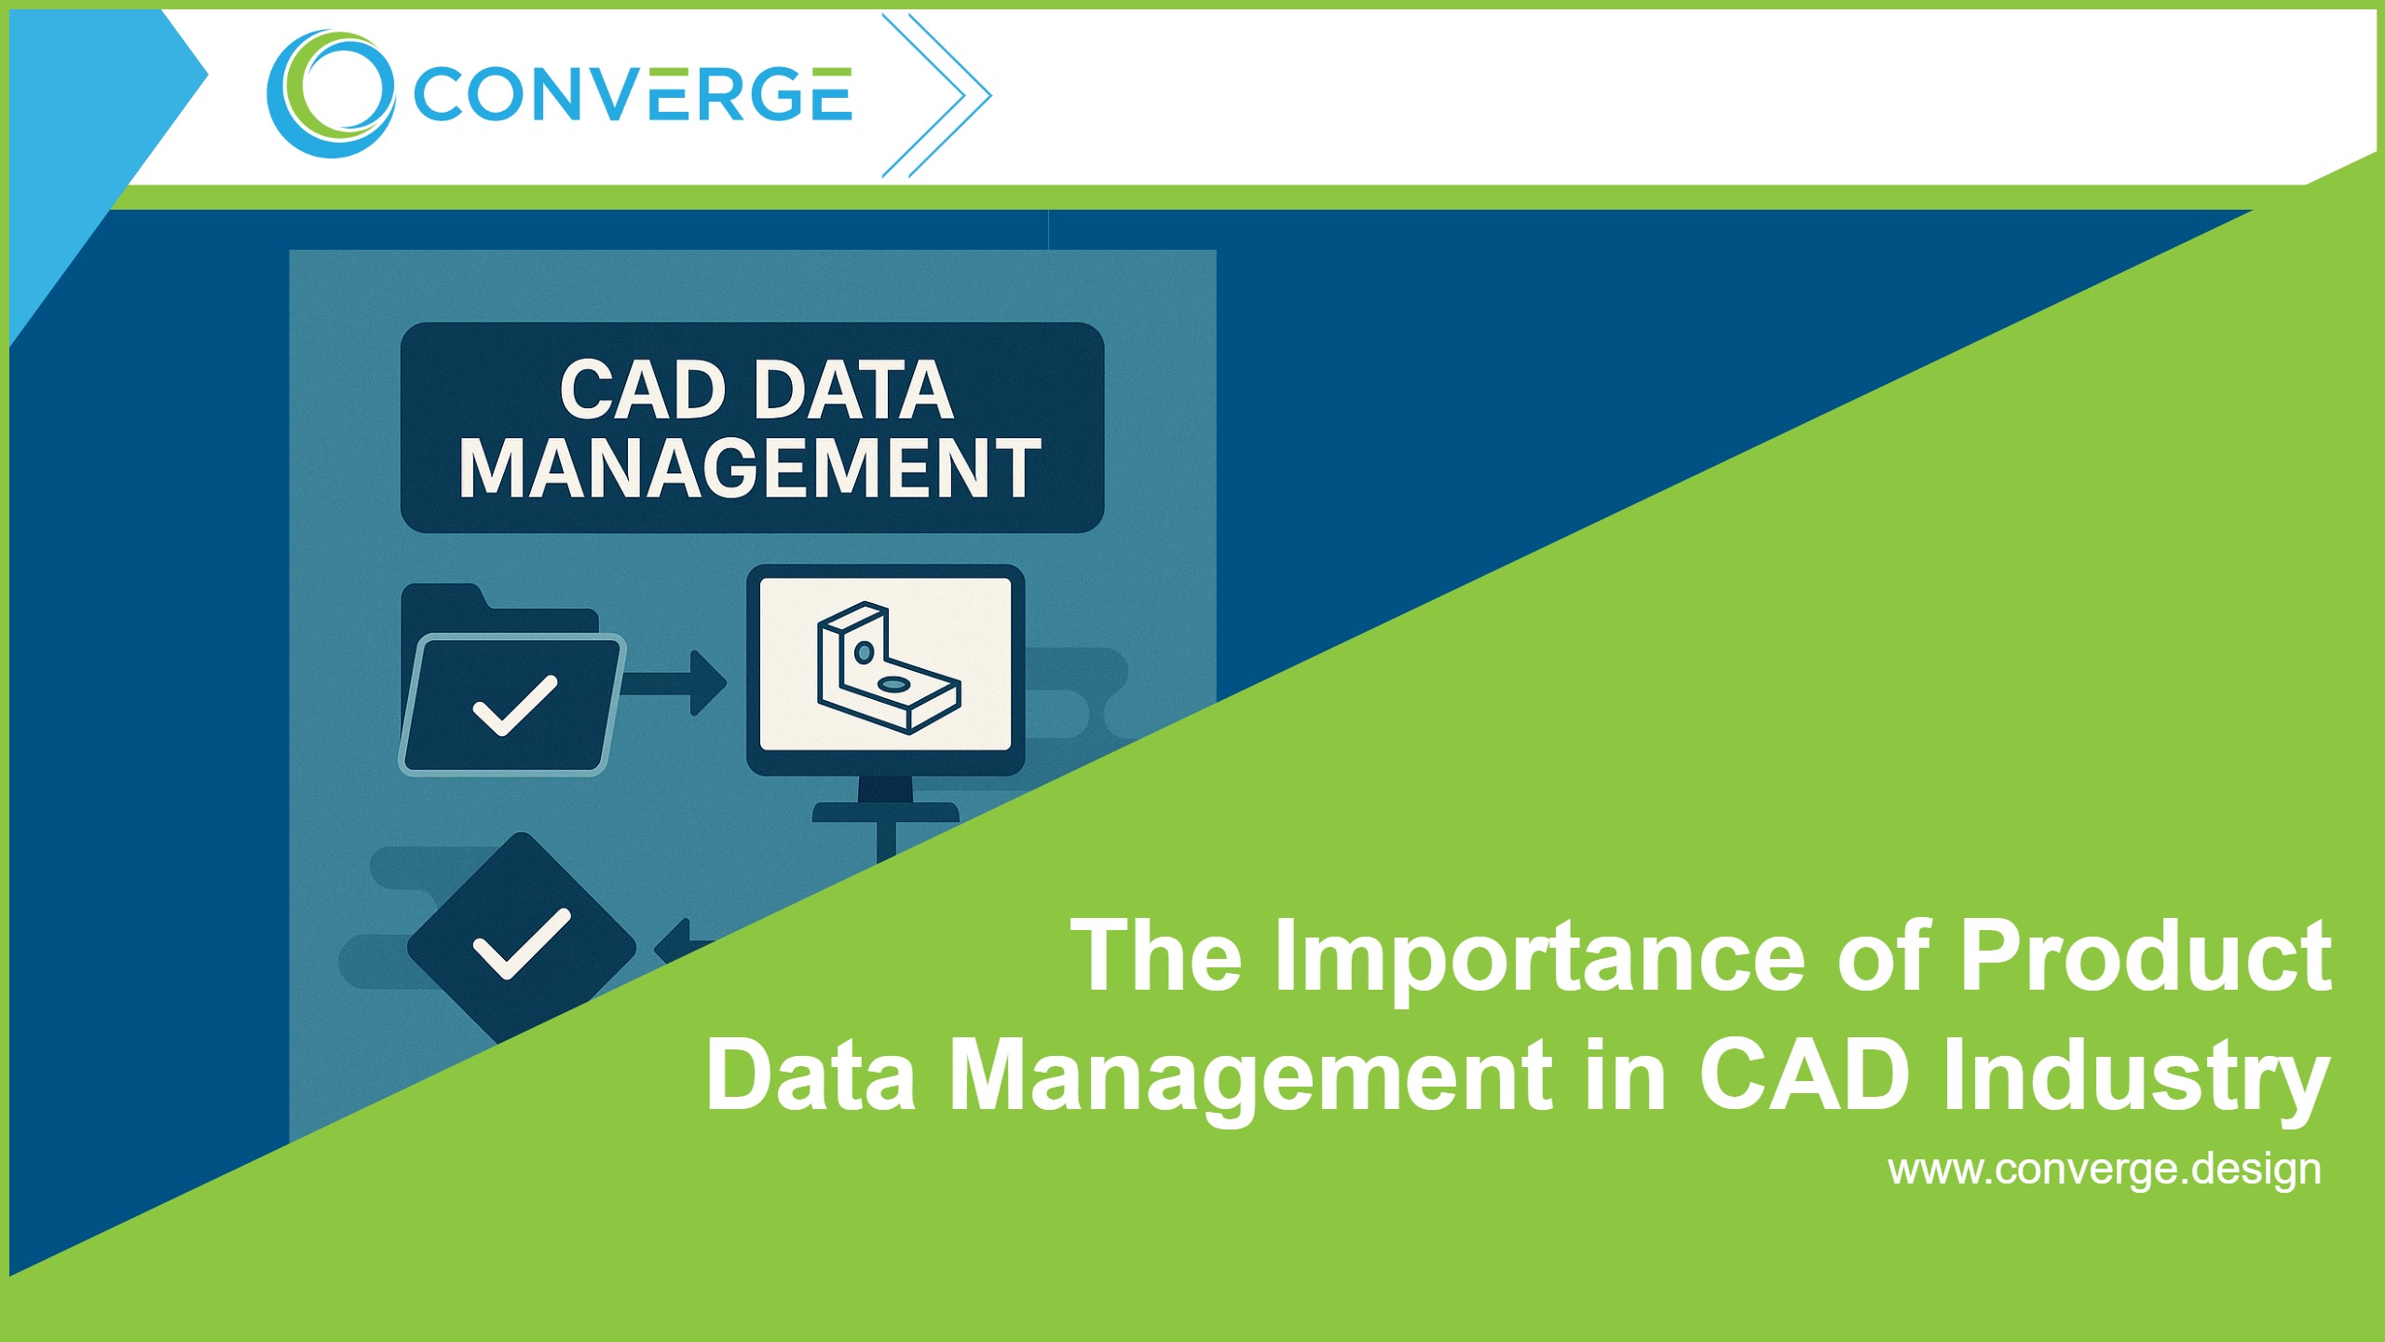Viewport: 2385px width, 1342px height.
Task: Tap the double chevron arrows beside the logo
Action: [936, 94]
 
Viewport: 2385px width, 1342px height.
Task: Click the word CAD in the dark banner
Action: [642, 390]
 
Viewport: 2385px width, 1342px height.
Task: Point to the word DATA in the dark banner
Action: [853, 390]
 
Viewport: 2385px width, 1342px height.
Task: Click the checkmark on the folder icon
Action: [515, 705]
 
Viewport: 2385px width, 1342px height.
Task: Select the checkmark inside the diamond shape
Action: [522, 943]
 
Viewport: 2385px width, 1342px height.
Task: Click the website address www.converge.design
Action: [2104, 1170]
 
